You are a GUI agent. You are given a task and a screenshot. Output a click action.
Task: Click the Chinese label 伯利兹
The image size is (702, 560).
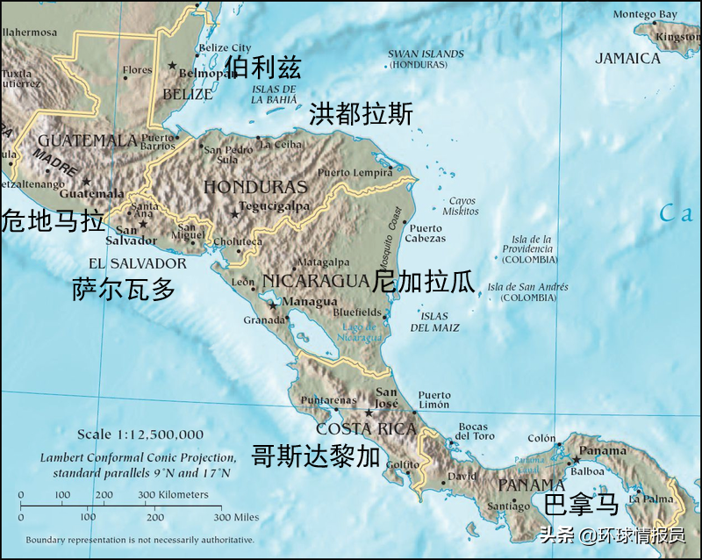coord(262,67)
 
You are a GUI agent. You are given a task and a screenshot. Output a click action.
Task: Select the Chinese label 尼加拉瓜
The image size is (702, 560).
coord(424,282)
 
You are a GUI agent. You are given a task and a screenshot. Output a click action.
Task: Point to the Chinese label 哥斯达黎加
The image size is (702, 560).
coord(316,456)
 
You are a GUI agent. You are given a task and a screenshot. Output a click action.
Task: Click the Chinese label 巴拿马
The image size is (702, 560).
coord(582,505)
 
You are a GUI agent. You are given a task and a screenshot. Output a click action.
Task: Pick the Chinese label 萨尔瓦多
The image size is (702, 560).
coord(124,290)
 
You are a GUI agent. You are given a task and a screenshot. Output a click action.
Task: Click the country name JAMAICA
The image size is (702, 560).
coord(627,59)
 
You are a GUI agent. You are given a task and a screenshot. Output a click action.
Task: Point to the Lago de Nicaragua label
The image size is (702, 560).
coord(362,333)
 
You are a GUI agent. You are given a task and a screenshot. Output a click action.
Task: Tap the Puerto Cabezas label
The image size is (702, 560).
coord(426,233)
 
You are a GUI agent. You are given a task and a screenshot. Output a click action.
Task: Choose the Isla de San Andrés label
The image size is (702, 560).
coord(527,292)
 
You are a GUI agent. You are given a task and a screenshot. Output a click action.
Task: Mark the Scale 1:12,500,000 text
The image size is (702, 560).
coord(140,434)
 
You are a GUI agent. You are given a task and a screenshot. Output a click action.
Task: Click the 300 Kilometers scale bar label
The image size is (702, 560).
coord(173,495)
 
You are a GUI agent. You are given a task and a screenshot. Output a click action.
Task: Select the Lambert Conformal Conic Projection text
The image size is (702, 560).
coord(138,458)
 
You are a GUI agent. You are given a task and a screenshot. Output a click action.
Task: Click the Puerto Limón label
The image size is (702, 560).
coord(434,400)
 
